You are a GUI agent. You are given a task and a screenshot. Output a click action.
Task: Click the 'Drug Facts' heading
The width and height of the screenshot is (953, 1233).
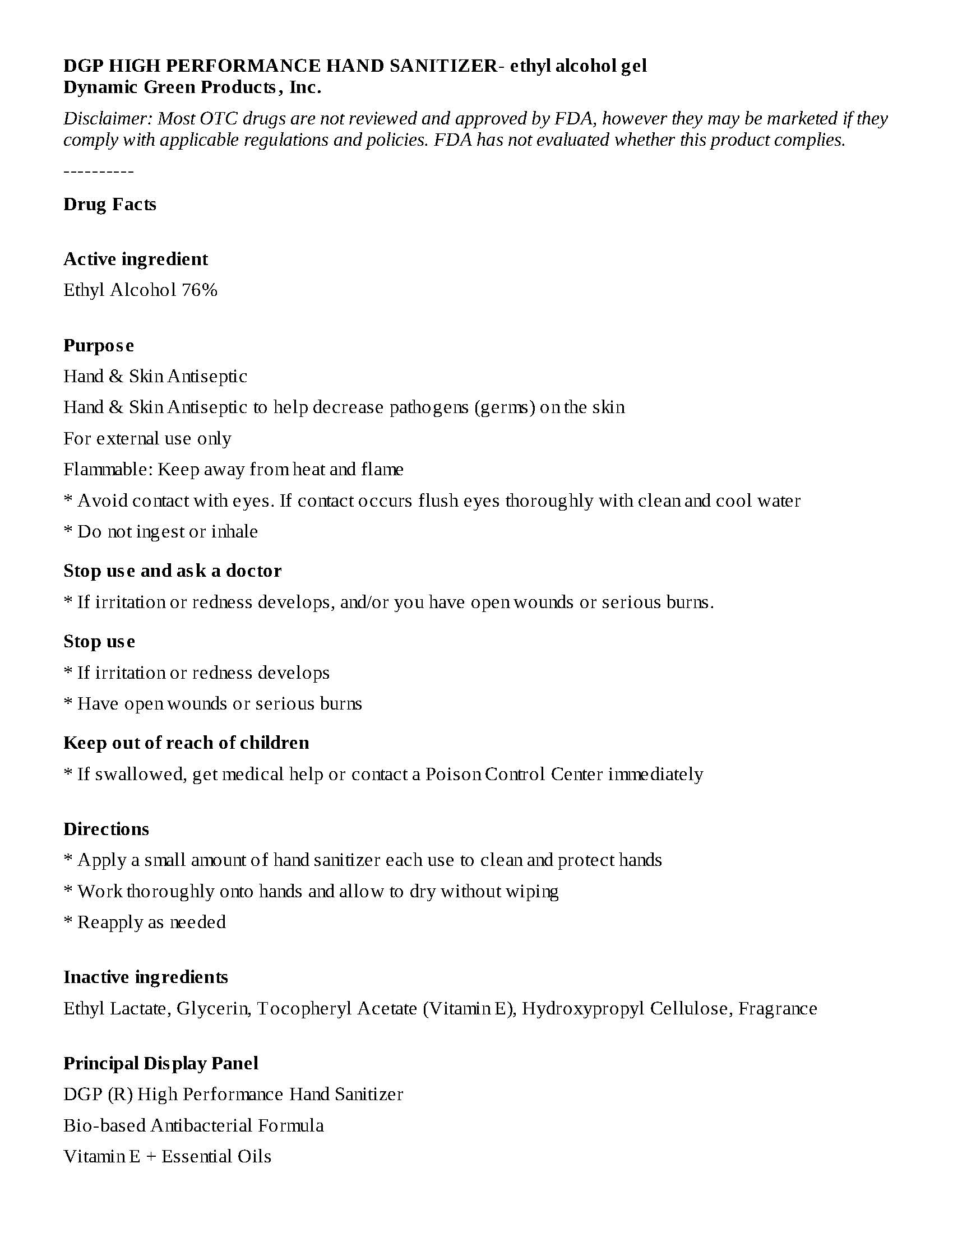coord(109,204)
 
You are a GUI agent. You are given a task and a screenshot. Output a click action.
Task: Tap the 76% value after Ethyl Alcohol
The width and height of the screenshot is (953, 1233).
coord(200,290)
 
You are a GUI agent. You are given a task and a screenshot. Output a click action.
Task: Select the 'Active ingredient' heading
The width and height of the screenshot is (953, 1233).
coord(136,259)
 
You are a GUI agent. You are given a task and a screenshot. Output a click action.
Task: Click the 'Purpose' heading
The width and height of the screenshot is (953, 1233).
coord(98,345)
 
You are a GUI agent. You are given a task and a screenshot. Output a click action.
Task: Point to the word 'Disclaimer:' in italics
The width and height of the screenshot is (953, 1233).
coord(108,119)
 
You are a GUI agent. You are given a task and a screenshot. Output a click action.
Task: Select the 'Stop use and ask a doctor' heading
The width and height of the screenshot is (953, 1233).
coord(172,571)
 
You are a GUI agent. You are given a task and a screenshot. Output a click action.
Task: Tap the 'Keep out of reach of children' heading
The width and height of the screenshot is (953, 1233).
coord(186,743)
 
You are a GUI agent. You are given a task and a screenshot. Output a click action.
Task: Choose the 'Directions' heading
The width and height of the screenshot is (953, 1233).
coord(106,829)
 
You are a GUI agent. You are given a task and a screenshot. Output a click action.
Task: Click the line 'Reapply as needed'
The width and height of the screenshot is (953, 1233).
coord(151,922)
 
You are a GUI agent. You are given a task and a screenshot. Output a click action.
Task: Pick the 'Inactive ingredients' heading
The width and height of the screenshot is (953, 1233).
coord(146,977)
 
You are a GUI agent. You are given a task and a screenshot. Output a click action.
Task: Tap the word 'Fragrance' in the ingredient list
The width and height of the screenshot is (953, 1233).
coord(778,1008)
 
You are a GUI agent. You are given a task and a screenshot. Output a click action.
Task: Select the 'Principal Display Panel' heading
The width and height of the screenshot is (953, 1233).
coord(161,1063)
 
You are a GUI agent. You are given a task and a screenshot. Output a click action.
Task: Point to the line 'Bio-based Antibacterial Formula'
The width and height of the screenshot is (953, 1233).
coord(193,1125)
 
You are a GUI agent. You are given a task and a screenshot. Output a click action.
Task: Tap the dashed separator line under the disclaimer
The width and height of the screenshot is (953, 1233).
coord(98,171)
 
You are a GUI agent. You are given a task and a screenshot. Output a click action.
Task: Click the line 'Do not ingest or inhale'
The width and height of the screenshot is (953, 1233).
coord(167,531)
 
